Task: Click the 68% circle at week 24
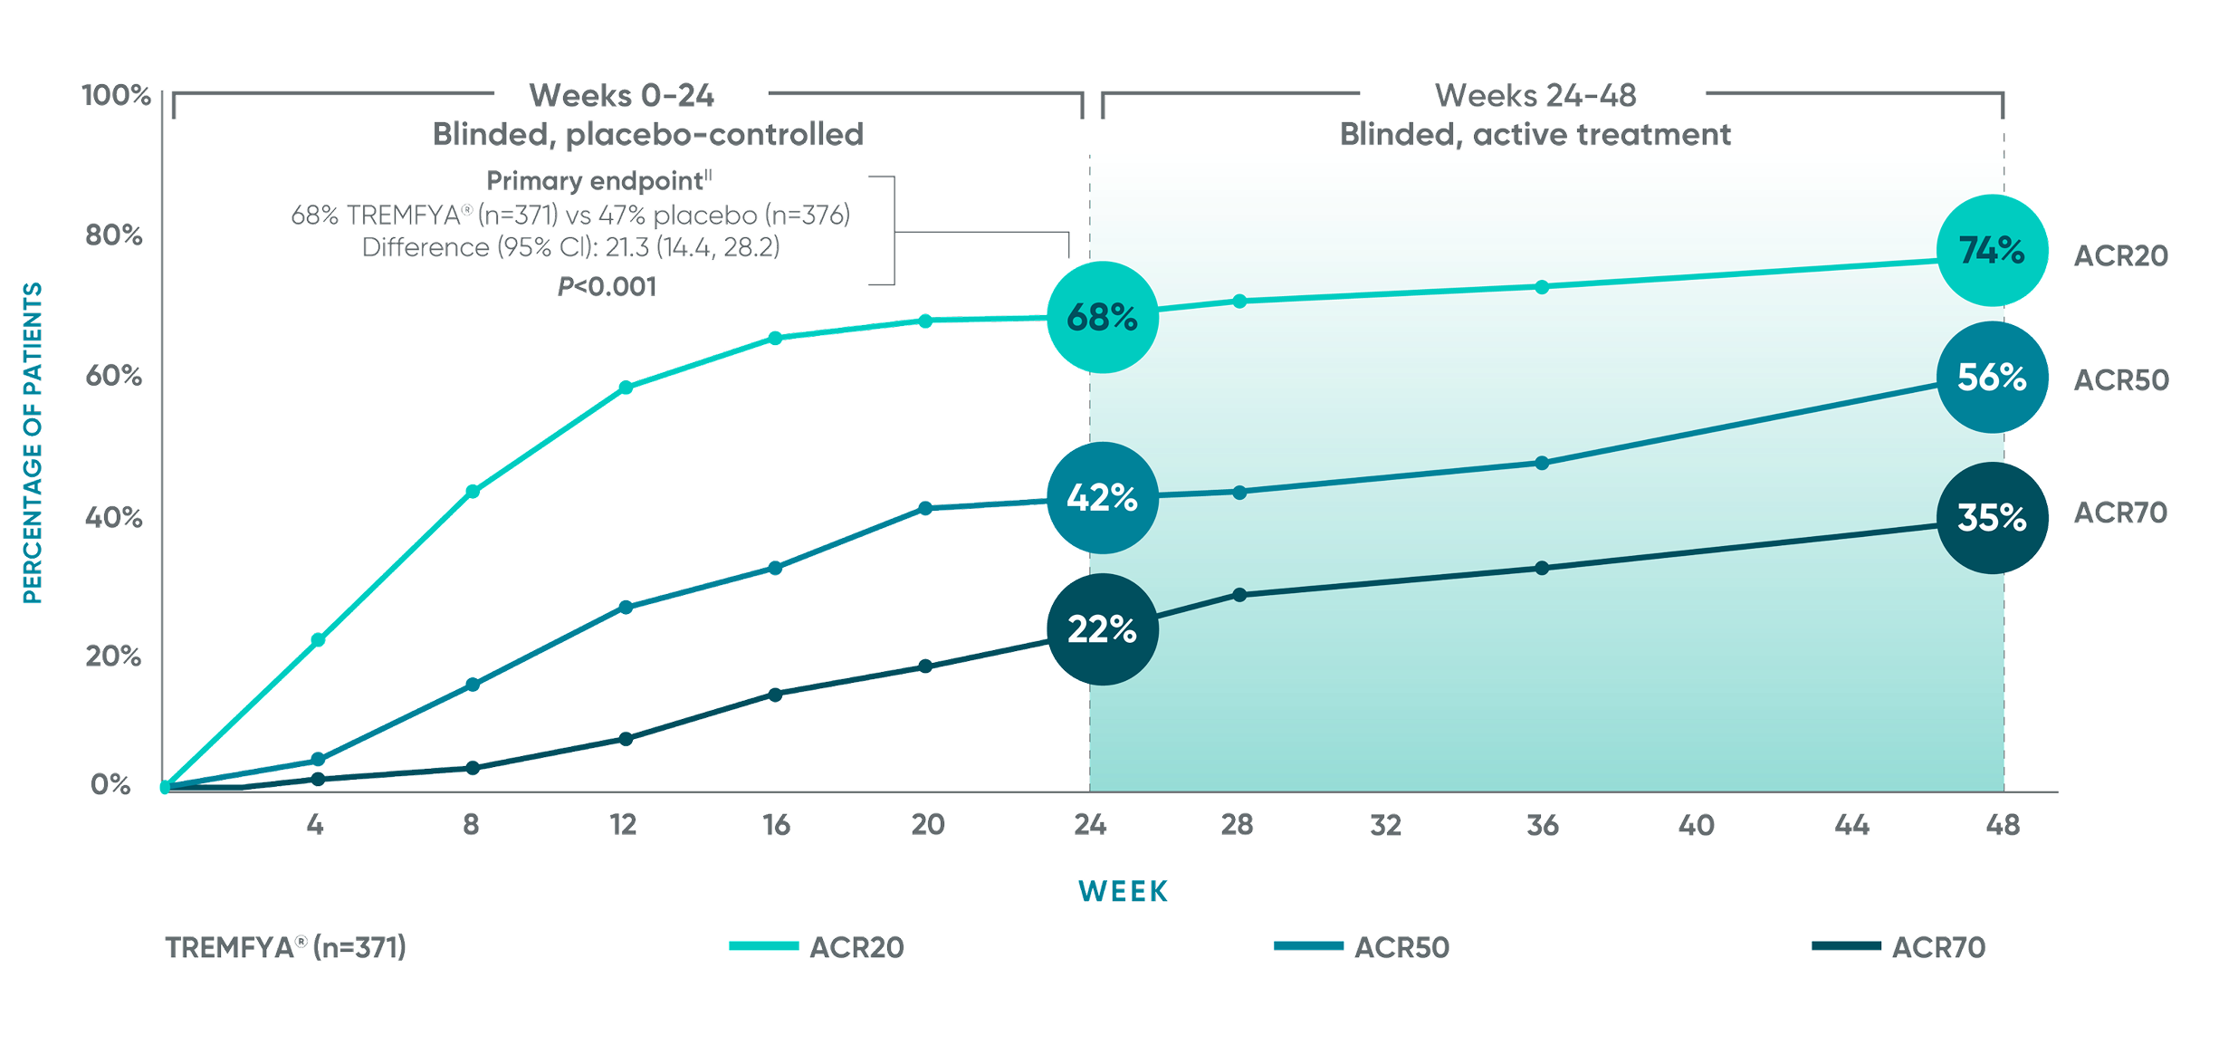click(x=1102, y=317)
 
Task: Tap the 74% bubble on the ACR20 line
click(x=1991, y=250)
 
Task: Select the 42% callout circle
click(x=1102, y=497)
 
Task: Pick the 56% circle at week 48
click(x=1991, y=377)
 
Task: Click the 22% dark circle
click(x=1102, y=628)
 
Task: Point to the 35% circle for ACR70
click(x=1991, y=517)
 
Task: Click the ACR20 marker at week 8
click(x=472, y=491)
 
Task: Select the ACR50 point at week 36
click(x=1542, y=463)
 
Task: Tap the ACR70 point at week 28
click(x=1239, y=595)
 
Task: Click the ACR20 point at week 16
click(x=775, y=338)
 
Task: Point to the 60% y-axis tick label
click(x=114, y=376)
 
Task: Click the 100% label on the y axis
click(x=116, y=95)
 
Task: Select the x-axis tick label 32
click(x=1385, y=825)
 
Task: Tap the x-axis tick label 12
click(x=623, y=825)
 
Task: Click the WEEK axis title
click(x=1123, y=891)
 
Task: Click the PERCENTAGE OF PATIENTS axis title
click(x=33, y=443)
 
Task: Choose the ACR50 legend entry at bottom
click(x=1363, y=947)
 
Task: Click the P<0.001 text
click(x=607, y=287)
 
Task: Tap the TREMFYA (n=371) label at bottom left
click(x=285, y=947)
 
